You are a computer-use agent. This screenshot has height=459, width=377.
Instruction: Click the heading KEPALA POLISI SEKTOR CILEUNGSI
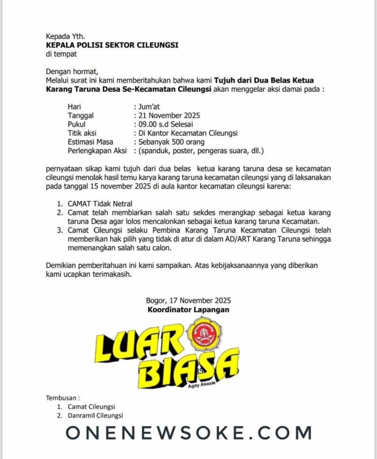(x=112, y=45)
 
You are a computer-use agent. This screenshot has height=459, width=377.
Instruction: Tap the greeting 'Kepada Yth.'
(x=65, y=36)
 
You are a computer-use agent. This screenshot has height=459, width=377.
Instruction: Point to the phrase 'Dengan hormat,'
(x=72, y=71)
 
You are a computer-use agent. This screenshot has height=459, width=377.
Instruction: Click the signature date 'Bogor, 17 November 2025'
(x=188, y=301)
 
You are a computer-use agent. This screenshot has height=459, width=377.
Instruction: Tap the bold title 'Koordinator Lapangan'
(x=188, y=309)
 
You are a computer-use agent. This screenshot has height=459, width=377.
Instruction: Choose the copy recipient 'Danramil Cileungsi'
(x=92, y=416)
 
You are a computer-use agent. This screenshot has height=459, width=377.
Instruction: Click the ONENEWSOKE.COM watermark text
(x=188, y=433)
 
